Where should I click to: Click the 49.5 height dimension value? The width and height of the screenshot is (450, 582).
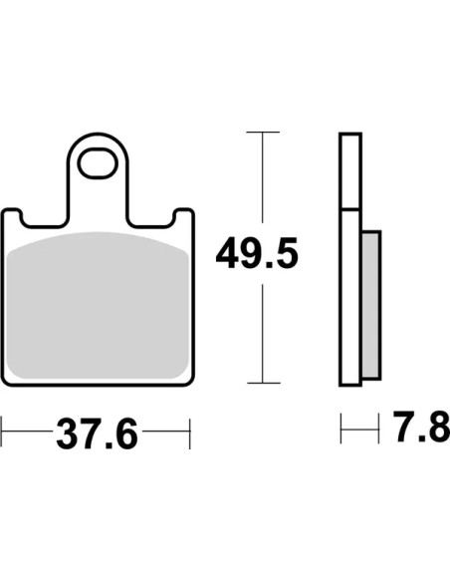[257, 253]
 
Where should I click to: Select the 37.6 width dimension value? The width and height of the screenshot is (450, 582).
[98, 434]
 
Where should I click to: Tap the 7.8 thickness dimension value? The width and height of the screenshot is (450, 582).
[421, 427]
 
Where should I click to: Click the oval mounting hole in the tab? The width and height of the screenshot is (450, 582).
[98, 163]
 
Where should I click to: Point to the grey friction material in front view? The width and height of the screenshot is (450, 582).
[98, 305]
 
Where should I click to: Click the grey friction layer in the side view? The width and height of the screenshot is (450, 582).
[371, 304]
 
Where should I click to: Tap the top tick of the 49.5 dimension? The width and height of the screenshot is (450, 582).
[263, 132]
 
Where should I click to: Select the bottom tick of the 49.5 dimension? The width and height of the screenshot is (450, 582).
[264, 383]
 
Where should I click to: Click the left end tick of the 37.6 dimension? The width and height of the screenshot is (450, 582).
[1, 432]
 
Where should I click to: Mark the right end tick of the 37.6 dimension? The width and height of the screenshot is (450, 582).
[190, 434]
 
